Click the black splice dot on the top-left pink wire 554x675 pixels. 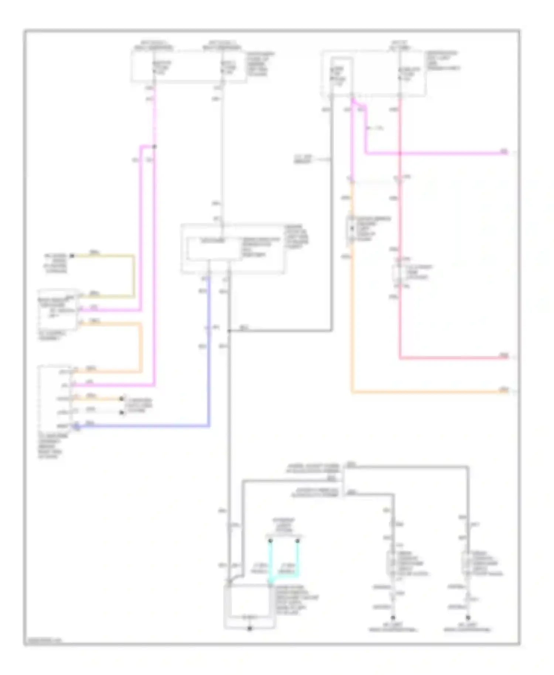(x=154, y=147)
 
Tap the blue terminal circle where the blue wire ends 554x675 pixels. (x=76, y=427)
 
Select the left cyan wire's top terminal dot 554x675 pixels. (x=270, y=541)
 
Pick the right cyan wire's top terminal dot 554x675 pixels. (x=297, y=541)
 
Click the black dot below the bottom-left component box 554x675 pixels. (x=250, y=628)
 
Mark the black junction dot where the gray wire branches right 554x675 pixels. (x=229, y=331)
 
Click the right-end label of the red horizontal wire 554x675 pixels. (x=504, y=356)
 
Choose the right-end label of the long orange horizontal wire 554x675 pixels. (x=504, y=390)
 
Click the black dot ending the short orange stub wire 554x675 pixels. (x=122, y=399)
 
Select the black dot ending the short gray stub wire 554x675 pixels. (x=122, y=412)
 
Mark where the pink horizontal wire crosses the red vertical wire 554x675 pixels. (x=400, y=153)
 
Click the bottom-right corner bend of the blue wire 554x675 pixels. (x=209, y=426)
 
